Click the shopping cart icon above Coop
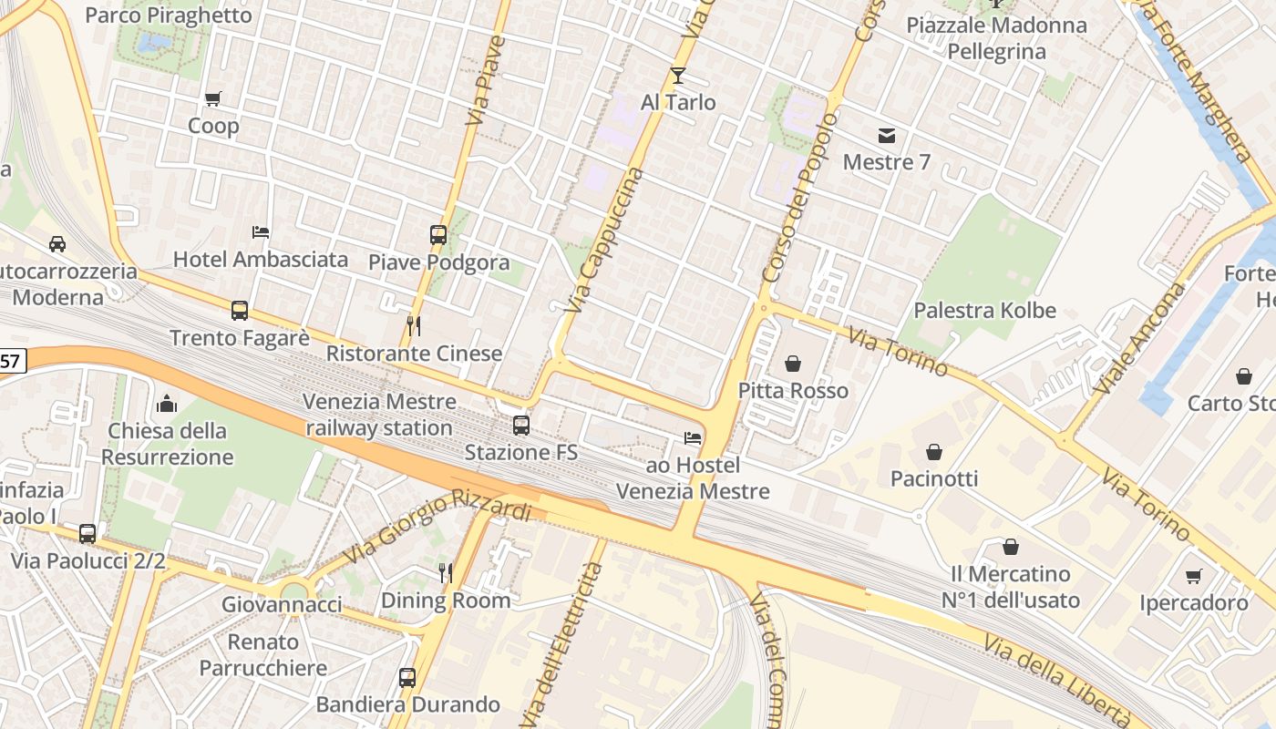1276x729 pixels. pos(213,98)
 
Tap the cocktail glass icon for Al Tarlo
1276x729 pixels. pos(678,75)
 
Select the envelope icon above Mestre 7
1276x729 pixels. pos(886,136)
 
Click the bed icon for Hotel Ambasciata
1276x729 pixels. pos(261,231)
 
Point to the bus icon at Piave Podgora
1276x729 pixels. pos(438,234)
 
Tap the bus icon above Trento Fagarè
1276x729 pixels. pos(240,311)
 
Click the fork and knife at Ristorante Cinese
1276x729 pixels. pos(414,325)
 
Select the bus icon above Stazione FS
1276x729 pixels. pos(521,425)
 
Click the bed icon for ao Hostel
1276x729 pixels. pos(693,438)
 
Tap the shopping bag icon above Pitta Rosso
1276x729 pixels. pos(793,364)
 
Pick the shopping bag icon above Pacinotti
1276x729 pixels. pos(934,451)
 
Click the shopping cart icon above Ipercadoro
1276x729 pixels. pos(1194,576)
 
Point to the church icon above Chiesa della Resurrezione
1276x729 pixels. pos(167,403)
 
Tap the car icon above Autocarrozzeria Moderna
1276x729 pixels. pos(57,243)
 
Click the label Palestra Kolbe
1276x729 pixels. pos(984,310)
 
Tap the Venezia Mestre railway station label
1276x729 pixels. pos(379,415)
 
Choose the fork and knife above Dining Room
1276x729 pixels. pos(446,572)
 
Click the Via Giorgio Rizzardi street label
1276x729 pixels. pos(437,529)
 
